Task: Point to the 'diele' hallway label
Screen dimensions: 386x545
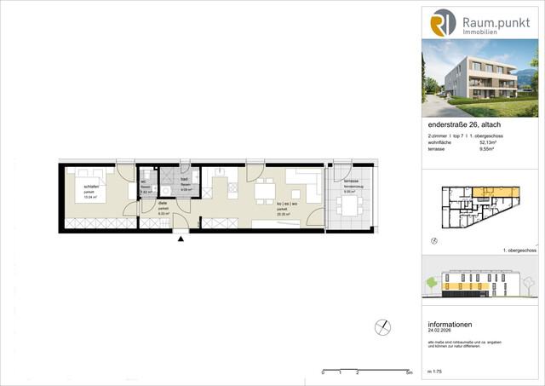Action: click(163, 203)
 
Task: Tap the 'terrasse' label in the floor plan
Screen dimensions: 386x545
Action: click(349, 182)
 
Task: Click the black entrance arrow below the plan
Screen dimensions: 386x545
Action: click(180, 239)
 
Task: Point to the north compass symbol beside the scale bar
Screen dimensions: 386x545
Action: click(383, 326)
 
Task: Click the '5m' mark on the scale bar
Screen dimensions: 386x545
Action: click(409, 373)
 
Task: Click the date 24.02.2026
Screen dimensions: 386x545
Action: click(443, 331)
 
